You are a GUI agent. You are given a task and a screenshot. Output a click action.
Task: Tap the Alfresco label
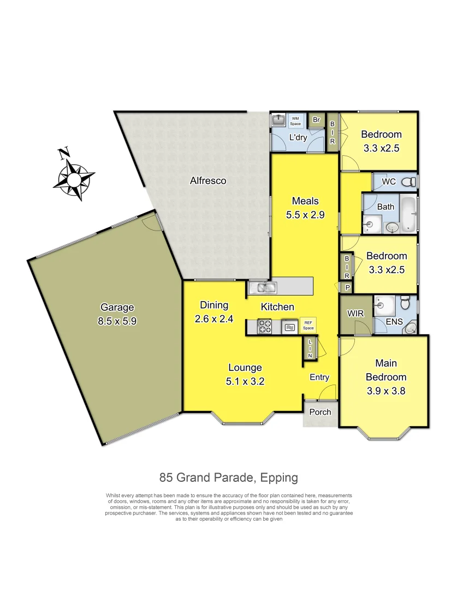[x=207, y=180]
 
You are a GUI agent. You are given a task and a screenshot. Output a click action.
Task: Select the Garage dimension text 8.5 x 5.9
[x=117, y=322]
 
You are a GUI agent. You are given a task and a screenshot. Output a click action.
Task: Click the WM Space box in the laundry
[x=295, y=121]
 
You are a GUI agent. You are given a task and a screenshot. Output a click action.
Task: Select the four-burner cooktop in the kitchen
[x=265, y=327]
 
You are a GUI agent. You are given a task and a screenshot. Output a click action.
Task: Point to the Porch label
[x=321, y=412]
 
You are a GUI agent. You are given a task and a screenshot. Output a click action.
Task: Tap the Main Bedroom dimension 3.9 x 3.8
[x=385, y=391]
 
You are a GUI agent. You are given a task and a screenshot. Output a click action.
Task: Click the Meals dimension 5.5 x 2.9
[x=305, y=215]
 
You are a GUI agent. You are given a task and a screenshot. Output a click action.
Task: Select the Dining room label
[x=213, y=305]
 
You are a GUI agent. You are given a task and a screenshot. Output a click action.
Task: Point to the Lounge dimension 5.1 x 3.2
[x=245, y=382]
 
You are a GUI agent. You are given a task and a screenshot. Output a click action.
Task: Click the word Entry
[x=319, y=377]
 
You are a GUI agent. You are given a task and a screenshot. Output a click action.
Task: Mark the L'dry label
[x=298, y=137]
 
